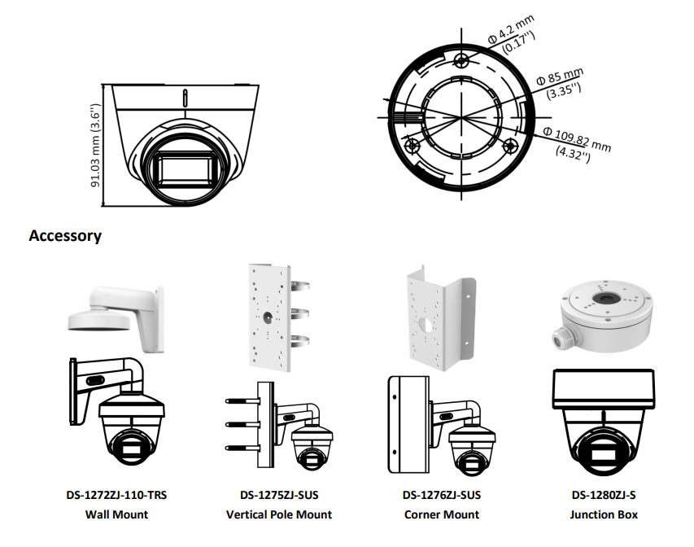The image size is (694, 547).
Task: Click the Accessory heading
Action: [65, 236]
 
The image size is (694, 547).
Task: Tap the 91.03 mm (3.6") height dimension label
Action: [96, 146]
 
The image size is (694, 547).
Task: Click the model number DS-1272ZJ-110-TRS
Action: [116, 495]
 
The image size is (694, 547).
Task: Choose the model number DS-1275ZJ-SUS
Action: [279, 495]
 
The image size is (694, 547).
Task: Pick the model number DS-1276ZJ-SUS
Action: [442, 495]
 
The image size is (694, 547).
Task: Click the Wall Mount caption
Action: [116, 514]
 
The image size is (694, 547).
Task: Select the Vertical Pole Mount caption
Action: [279, 514]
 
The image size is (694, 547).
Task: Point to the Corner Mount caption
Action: [442, 514]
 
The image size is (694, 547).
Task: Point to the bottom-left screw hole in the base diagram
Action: [412, 147]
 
